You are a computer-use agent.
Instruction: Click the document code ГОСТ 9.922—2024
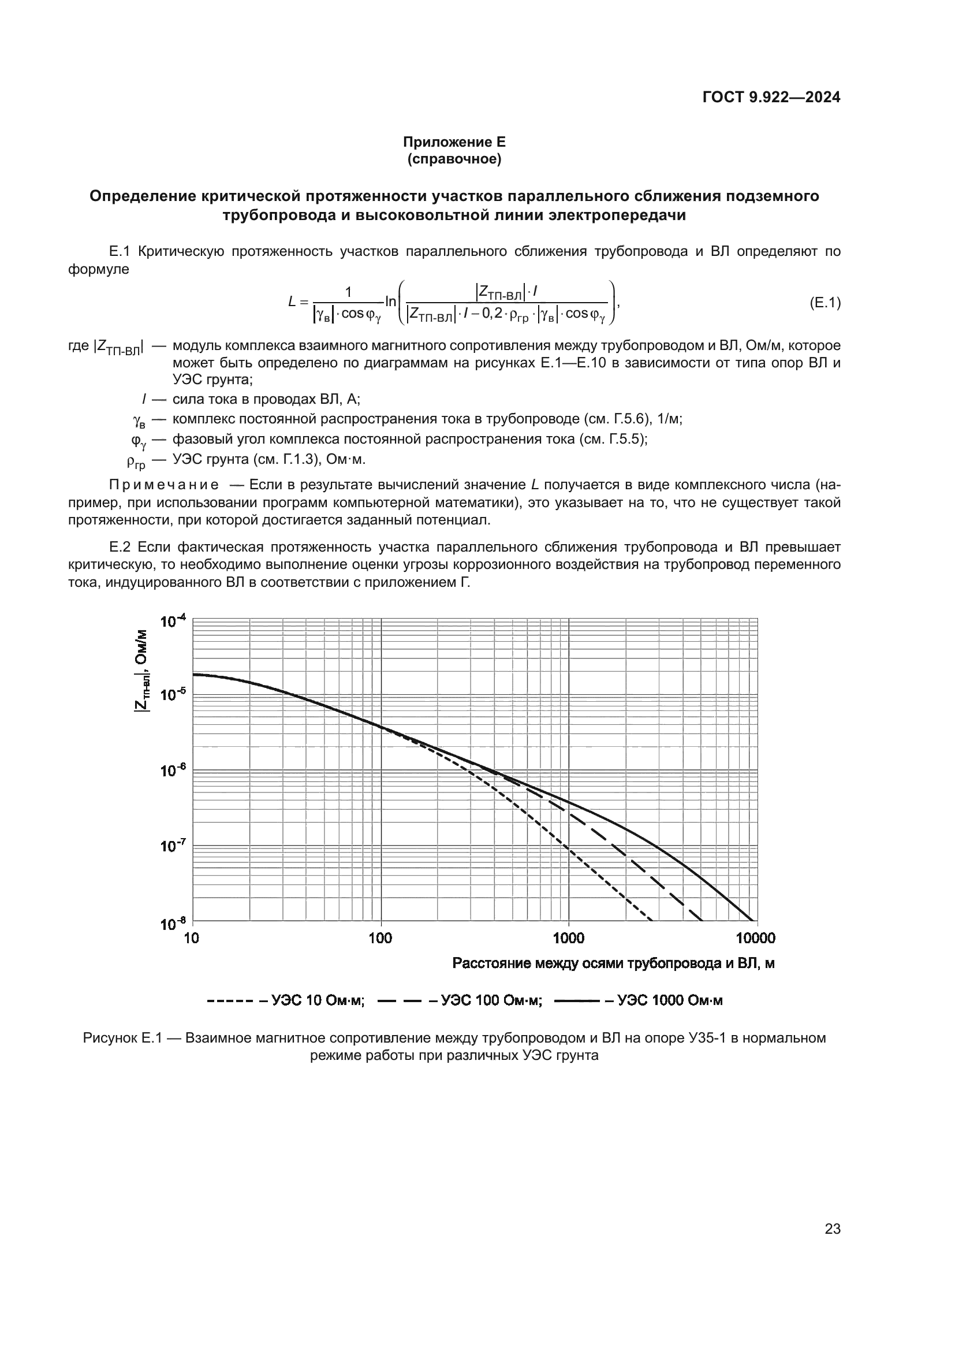point(771,97)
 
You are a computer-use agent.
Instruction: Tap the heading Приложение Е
point(454,142)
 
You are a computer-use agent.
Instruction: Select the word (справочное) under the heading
point(454,159)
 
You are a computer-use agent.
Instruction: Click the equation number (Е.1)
point(825,303)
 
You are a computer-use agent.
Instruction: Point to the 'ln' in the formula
point(390,302)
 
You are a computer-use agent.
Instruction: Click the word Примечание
point(164,485)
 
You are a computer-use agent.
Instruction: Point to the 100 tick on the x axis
point(380,938)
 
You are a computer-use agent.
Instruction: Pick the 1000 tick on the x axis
point(569,938)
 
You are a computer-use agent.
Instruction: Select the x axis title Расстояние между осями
point(613,963)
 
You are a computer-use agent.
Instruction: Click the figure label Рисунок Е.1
point(122,1037)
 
